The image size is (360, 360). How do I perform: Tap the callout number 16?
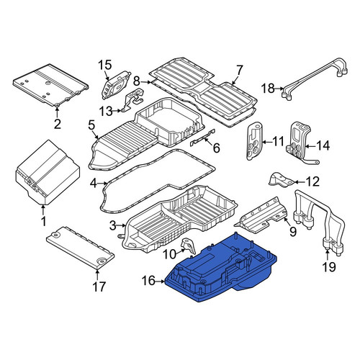pos(148,281)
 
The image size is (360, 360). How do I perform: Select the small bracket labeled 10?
pos(189,246)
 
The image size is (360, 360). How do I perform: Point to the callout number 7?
pos(240,71)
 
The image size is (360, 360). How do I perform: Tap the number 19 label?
pos(329,267)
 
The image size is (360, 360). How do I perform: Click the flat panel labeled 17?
pos(81,248)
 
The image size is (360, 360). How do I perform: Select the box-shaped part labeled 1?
pos(47,172)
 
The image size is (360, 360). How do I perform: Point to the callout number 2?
pos(57,123)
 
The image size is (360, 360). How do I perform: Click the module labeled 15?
pos(116,84)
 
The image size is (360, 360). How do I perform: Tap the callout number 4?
pos(94,184)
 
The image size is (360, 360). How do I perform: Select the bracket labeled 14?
pos(300,143)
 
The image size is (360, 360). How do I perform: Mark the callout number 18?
pos(268,89)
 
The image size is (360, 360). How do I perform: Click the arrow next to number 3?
pos(121,225)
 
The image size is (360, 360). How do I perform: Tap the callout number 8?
pos(137,81)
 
